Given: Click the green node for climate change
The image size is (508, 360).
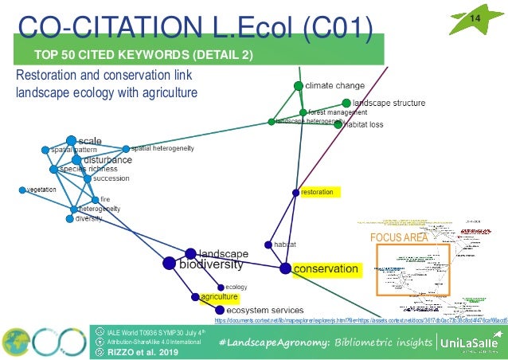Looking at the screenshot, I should [299, 85].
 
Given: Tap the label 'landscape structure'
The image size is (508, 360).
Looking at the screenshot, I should [389, 103].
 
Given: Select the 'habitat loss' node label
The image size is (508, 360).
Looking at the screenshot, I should [365, 124].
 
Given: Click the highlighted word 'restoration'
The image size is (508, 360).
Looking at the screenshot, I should [317, 192].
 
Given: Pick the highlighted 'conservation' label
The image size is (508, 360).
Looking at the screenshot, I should [326, 269].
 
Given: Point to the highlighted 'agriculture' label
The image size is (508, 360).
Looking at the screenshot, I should [219, 296].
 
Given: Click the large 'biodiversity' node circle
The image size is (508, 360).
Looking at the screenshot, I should [169, 263].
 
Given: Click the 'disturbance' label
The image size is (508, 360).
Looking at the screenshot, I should [107, 159].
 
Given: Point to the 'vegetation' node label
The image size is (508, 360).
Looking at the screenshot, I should [41, 190].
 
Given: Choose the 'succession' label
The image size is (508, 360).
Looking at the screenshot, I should [111, 178].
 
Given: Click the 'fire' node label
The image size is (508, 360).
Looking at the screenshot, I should [105, 199].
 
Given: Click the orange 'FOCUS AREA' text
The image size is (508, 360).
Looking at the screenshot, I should [399, 237].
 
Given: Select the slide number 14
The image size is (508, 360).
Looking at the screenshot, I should [476, 18].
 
